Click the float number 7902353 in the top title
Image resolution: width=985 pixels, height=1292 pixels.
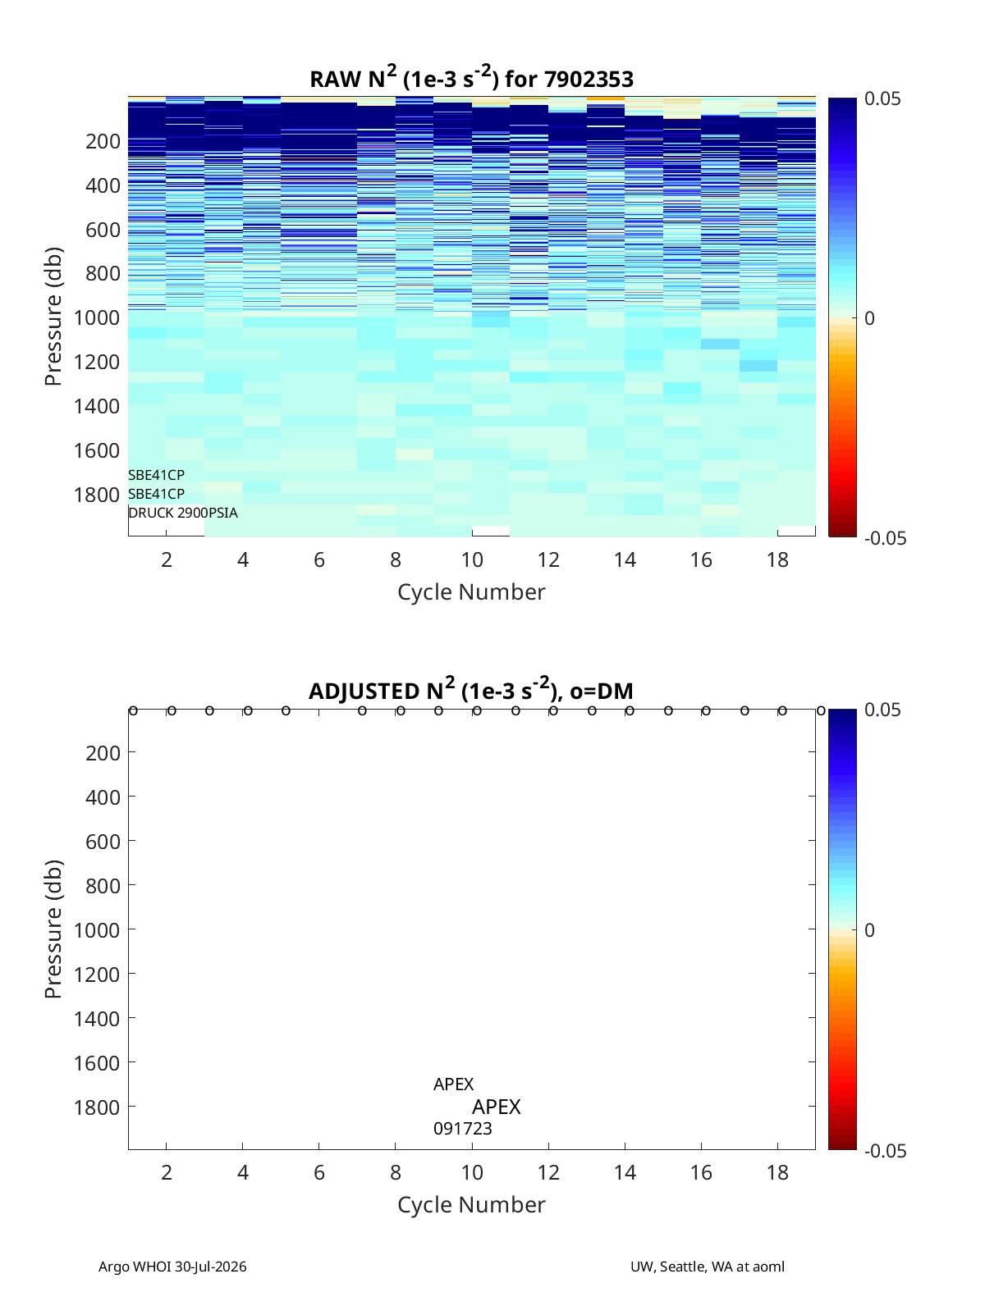pos(589,80)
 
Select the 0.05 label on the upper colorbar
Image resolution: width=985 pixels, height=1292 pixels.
pos(882,98)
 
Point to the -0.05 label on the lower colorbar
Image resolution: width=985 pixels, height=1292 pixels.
pos(885,1150)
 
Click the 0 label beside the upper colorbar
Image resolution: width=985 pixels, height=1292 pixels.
pos(869,318)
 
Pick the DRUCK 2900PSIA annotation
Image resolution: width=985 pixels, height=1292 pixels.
pos(183,513)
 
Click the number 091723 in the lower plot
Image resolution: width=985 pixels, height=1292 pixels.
pos(463,1129)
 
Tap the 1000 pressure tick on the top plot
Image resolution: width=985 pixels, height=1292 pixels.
pos(97,317)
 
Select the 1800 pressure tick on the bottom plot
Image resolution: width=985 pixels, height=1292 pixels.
pos(97,1107)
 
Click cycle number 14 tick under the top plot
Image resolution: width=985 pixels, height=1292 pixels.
pos(625,559)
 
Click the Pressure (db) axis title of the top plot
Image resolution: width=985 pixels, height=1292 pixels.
pos(53,316)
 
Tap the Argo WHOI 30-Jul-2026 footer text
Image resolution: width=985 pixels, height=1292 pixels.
pos(172,1267)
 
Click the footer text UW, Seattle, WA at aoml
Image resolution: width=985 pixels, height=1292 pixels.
pos(707,1267)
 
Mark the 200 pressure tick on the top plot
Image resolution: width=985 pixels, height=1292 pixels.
pos(103,141)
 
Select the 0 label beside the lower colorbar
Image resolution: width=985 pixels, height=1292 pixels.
pos(869,930)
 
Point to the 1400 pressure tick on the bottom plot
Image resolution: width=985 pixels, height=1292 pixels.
pos(97,1019)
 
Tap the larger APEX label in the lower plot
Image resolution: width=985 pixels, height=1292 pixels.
pos(497,1107)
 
